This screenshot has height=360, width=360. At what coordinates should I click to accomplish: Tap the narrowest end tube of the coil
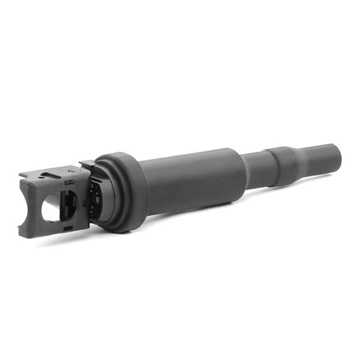pos(321,160)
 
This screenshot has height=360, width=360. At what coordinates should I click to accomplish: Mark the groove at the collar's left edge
pos(272,166)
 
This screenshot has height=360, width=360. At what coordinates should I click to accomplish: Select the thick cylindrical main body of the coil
pos(192,180)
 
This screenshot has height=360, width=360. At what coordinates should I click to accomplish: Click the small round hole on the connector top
pos(41,176)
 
